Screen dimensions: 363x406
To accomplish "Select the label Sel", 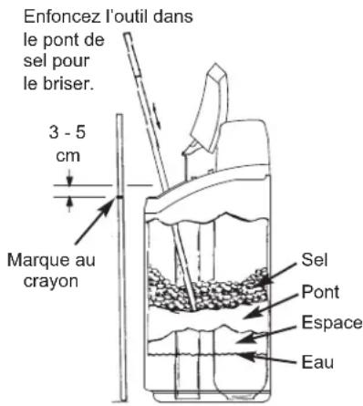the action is (311, 259).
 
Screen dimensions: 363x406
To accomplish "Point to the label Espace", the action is (329, 322).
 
